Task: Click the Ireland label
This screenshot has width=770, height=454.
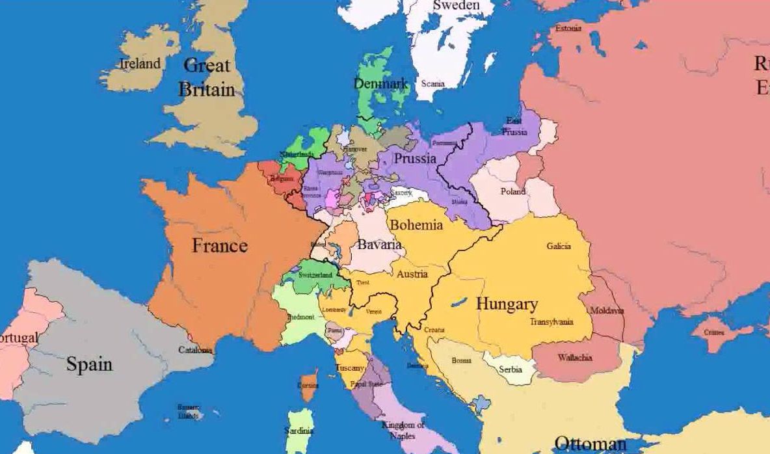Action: pyautogui.click(x=140, y=64)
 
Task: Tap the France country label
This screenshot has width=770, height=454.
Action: pyautogui.click(x=220, y=245)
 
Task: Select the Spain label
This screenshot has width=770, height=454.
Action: pyautogui.click(x=89, y=364)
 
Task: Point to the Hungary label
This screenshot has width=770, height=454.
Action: pyautogui.click(x=507, y=304)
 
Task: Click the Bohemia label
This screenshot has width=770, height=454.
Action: pyautogui.click(x=416, y=225)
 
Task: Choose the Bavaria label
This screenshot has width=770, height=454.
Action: pyautogui.click(x=379, y=245)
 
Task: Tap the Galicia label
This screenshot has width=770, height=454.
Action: pyautogui.click(x=559, y=247)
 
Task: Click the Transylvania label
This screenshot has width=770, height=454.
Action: pyautogui.click(x=551, y=322)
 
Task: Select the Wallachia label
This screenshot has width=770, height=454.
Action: pyautogui.click(x=575, y=358)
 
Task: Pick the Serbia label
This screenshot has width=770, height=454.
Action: pyautogui.click(x=511, y=369)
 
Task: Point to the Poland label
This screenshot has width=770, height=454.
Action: pyautogui.click(x=513, y=191)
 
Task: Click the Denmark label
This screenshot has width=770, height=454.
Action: pyautogui.click(x=380, y=84)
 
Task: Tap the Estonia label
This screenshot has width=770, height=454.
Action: pyautogui.click(x=568, y=29)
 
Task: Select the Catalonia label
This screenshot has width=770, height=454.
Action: pyautogui.click(x=195, y=350)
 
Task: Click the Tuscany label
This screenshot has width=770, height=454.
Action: pyautogui.click(x=350, y=368)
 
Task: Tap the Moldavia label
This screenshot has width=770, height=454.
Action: pyautogui.click(x=607, y=311)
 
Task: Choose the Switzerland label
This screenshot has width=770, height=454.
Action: pyautogui.click(x=315, y=275)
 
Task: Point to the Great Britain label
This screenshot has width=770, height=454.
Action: pyautogui.click(x=207, y=77)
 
